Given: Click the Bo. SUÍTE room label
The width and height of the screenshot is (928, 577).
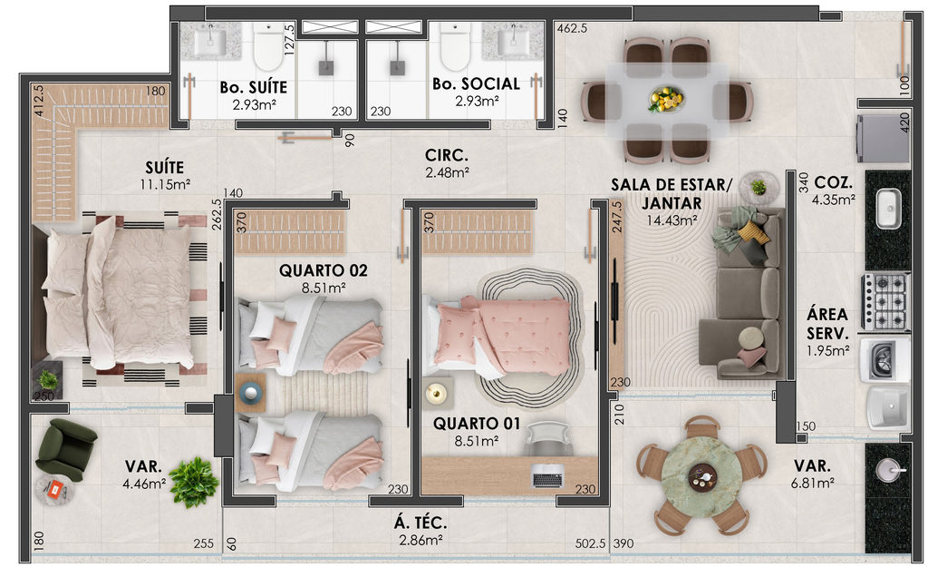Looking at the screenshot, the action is (x=254, y=87).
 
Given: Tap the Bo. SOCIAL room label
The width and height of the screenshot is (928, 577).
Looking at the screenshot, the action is (x=476, y=84).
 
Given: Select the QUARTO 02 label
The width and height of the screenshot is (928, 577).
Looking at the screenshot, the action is (x=324, y=270).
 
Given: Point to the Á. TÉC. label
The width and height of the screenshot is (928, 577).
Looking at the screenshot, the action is (x=420, y=523).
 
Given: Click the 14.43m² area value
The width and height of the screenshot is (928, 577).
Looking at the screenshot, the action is (x=672, y=220).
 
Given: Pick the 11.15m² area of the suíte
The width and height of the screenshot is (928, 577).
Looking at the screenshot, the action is (x=165, y=184).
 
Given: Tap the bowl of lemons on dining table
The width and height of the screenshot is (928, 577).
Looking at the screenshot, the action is (x=666, y=99).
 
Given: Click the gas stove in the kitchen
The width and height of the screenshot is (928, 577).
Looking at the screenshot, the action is (x=885, y=301).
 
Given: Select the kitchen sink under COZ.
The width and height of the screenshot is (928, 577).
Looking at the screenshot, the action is (x=888, y=208).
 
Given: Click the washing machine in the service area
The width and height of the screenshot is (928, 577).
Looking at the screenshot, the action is (x=884, y=359).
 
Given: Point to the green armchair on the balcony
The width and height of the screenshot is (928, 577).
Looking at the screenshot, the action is (x=65, y=449).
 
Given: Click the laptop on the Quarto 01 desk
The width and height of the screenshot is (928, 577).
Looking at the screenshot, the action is (x=547, y=475).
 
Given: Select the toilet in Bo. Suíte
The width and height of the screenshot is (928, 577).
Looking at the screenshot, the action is (x=268, y=47).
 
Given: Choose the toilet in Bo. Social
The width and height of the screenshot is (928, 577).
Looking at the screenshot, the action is (x=456, y=47).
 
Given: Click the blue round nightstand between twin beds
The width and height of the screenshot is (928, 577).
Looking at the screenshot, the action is (x=250, y=393).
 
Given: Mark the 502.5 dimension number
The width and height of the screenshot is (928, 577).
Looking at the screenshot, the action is (x=590, y=543).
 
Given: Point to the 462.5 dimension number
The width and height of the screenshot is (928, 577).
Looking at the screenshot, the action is (x=572, y=28).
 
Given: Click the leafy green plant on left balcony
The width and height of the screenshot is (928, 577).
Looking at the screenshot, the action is (x=194, y=481).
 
